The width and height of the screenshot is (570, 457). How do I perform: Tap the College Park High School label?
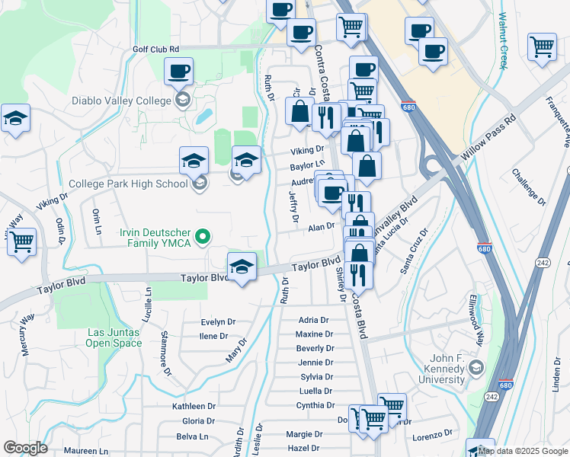127,184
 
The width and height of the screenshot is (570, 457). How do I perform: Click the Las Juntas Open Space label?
114,337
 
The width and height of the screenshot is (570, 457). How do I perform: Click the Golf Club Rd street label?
155,49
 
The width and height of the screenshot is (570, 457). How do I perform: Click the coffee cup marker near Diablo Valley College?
178,72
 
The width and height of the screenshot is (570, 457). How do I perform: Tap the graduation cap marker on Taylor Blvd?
242,267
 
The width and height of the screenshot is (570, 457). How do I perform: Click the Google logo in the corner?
25,448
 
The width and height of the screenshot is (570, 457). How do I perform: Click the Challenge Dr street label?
530,187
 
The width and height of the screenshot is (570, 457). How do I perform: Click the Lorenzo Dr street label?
434,437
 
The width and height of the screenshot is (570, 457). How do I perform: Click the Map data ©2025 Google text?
523,451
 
